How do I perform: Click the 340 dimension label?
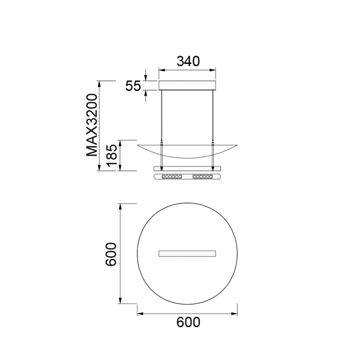[188, 61]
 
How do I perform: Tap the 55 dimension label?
[133, 86]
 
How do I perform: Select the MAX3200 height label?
[92, 125]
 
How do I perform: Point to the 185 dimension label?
[112, 156]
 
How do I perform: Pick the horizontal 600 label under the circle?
[188, 322]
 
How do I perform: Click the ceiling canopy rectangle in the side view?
[187, 85]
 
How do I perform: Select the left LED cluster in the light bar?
[172, 177]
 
